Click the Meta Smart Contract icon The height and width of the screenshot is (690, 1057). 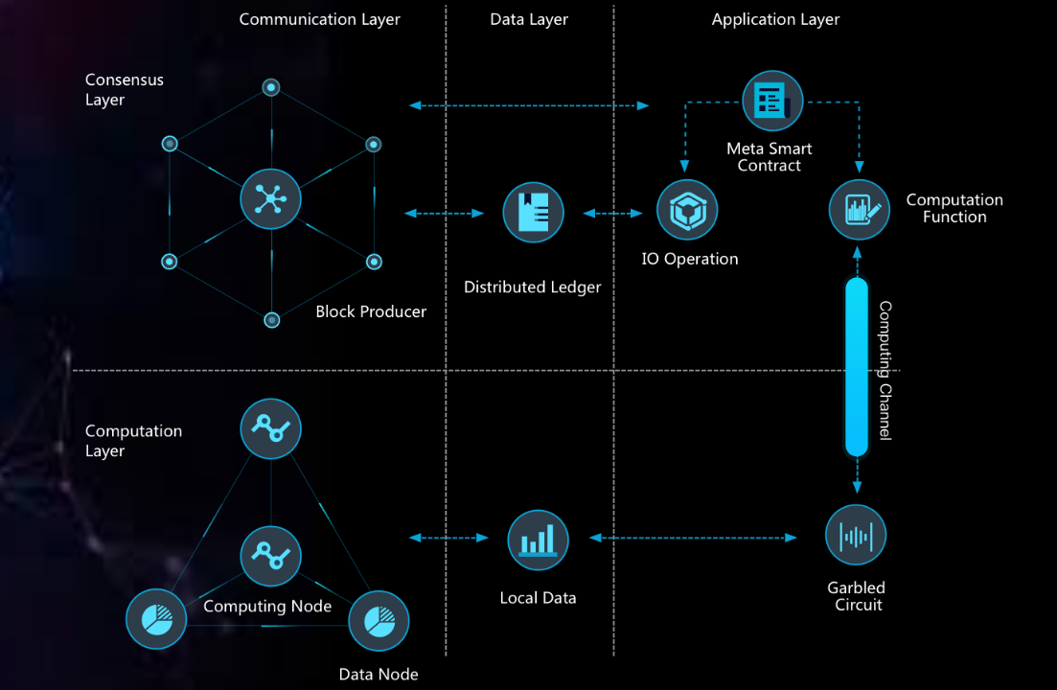pos(771,101)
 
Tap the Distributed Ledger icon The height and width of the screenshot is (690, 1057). pos(533,212)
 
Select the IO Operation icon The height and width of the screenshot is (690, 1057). pos(687,211)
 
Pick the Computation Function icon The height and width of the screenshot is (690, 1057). pos(859,210)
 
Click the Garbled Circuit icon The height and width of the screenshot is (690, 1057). pos(856,535)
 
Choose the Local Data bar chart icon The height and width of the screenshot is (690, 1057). pos(538,540)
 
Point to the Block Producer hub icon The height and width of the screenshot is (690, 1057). pos(270,198)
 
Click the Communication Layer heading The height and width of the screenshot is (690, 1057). pos(319,19)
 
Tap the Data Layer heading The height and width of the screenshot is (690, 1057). pos(529,19)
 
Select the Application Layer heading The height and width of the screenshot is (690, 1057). pos(775,19)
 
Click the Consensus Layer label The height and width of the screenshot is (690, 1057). pos(124,89)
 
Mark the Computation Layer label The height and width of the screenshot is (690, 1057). pos(133,441)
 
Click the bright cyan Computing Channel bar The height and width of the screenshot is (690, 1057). pos(856,367)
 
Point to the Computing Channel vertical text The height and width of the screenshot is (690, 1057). pos(885,370)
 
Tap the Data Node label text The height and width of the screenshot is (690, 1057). pos(379,675)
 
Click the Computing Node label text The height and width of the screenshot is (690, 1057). pos(267,607)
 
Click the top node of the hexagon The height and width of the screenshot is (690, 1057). pos(271,87)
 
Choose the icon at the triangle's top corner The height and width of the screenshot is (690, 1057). pos(270,428)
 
